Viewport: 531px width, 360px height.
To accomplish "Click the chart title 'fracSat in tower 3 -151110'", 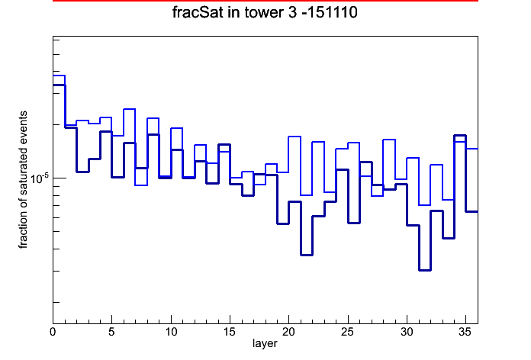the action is pos(265,12).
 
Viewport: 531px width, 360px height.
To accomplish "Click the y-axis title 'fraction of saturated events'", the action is pos(23,180).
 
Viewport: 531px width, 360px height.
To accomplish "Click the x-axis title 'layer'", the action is pos(265,343).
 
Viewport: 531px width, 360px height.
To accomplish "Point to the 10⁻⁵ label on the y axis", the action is pos(40,178).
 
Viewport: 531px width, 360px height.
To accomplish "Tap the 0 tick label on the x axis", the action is pos(53,332).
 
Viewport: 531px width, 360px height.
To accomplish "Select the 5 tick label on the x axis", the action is pos(111,332).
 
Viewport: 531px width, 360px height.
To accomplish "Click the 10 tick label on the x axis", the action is pos(171,332).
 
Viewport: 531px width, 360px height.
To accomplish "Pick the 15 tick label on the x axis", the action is pos(230,332).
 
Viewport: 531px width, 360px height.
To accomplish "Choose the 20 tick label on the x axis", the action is pos(288,332).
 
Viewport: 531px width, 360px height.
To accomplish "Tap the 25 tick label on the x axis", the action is pos(347,332).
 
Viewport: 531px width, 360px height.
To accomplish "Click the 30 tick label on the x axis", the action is pos(407,332).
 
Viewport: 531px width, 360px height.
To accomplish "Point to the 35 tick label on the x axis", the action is pos(465,332).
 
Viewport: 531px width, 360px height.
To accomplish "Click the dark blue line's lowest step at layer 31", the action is pos(425,270).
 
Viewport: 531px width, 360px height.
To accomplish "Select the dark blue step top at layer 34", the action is pos(460,136).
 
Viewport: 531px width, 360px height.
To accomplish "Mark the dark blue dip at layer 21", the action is pos(307,255).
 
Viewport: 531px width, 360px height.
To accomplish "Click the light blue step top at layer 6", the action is pos(130,109).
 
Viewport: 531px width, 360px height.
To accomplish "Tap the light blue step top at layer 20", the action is pos(294,137).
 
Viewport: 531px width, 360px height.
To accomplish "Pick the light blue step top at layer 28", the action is pos(389,139).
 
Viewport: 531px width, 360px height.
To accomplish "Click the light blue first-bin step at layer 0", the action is pos(59,76).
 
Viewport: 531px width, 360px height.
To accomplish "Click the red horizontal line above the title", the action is pos(265,1).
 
